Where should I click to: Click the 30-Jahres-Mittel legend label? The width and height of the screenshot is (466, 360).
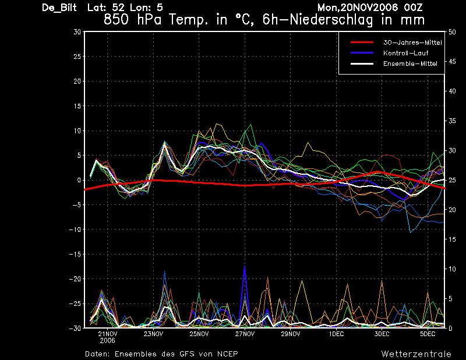[412, 43]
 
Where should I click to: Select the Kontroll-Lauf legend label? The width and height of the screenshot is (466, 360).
[405, 53]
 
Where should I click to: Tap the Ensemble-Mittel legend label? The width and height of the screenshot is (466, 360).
[410, 63]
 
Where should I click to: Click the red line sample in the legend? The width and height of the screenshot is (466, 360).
[362, 43]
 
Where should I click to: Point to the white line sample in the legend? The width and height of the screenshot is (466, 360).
[362, 63]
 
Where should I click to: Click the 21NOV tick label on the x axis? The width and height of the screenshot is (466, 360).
[108, 334]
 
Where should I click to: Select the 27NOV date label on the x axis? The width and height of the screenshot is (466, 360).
[245, 334]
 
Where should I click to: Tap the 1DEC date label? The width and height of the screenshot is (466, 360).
[337, 334]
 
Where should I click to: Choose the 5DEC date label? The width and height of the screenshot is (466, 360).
[428, 334]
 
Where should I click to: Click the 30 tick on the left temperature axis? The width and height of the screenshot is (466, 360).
[77, 32]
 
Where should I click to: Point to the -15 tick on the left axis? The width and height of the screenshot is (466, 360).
[75, 254]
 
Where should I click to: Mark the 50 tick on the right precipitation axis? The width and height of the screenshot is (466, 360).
[452, 32]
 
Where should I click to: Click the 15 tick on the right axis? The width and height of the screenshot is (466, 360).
[452, 239]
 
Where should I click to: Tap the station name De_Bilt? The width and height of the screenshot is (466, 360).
[59, 8]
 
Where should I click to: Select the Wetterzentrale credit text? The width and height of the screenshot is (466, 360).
[416, 354]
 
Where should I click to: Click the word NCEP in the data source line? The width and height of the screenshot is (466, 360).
[227, 354]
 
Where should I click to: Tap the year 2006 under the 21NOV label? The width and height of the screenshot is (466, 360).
[108, 340]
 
